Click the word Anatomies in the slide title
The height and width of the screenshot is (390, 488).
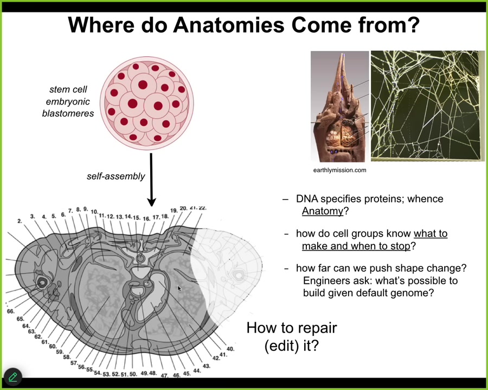point(229,25)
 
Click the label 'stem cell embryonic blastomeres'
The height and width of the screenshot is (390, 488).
point(68,101)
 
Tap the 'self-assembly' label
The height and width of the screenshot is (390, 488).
point(116,177)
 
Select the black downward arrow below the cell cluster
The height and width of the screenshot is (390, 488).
point(151,179)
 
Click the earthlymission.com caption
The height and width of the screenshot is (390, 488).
point(339,170)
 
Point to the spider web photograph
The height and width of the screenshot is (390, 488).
point(428,106)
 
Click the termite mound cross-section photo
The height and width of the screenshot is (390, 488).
point(340,106)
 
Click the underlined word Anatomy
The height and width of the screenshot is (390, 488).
point(323,211)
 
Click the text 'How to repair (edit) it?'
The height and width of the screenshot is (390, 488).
point(292,336)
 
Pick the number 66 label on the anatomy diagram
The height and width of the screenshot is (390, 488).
point(10,311)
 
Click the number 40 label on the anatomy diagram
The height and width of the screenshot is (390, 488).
point(230,349)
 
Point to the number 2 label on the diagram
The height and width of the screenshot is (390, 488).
point(20,221)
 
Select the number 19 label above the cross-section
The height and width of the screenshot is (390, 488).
point(174,211)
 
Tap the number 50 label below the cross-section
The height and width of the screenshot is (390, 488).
point(133,374)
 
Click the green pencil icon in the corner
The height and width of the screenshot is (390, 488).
point(13,377)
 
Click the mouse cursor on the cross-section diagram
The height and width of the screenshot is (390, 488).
point(179,289)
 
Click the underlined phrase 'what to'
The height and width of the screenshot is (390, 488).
point(431,233)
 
